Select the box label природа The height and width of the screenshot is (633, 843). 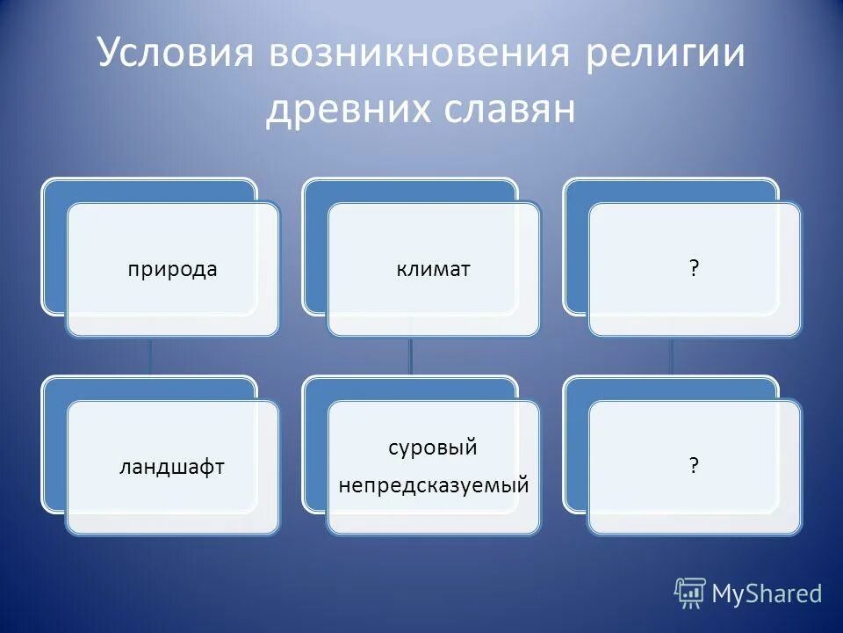tap(172, 270)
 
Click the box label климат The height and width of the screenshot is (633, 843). tap(433, 270)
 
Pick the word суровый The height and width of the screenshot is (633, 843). tap(433, 447)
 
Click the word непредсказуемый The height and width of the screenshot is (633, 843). tap(433, 484)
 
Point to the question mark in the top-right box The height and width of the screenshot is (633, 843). tap(695, 270)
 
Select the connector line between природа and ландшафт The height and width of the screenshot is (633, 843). tap(150, 356)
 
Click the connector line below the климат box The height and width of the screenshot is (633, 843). tap(411, 356)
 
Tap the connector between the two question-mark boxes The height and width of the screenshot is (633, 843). tap(673, 356)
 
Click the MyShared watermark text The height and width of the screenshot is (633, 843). tap(766, 593)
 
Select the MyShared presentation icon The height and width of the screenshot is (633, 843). tap(690, 593)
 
